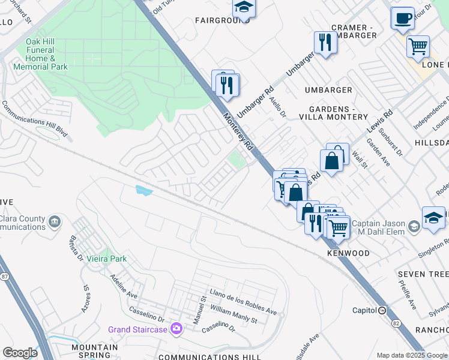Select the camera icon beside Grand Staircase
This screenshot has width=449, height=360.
pos(176,328)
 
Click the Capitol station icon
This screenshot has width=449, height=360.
pos(382,310)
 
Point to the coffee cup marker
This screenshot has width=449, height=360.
pos(402,17)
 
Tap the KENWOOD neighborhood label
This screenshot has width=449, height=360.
pos(348,253)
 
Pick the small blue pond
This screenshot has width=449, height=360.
pos(144,191)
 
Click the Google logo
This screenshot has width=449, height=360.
pos(20,352)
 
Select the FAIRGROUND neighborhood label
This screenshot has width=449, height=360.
pos(222,20)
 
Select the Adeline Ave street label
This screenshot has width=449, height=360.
pos(124,288)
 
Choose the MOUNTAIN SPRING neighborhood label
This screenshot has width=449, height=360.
pos(95,352)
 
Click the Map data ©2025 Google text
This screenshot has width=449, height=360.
pos(412,355)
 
